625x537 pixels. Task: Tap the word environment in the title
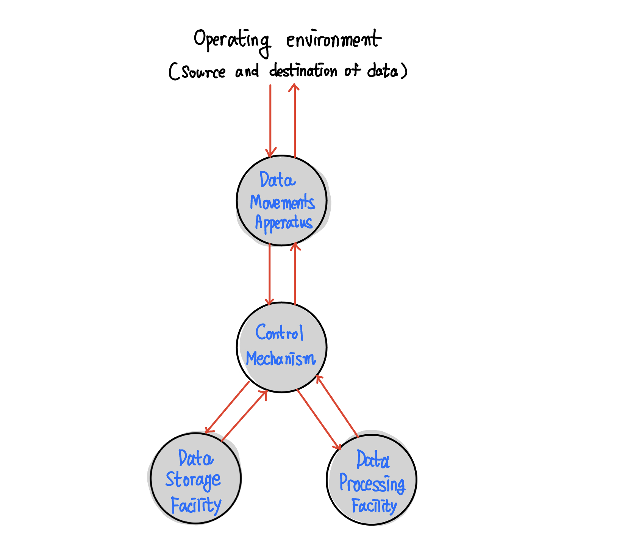coord(333,40)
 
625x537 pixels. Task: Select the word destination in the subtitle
coord(303,71)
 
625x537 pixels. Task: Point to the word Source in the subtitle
coord(203,72)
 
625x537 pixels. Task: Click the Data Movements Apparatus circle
coord(281,200)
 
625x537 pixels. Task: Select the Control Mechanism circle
coord(281,347)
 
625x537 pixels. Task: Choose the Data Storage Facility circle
coord(195,478)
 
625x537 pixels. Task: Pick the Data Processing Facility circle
coord(371,480)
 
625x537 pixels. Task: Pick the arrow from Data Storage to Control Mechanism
coord(245,416)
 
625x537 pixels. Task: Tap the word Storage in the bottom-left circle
coord(193,480)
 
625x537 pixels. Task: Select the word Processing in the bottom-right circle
coord(372,484)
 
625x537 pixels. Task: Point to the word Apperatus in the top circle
coord(284,223)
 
